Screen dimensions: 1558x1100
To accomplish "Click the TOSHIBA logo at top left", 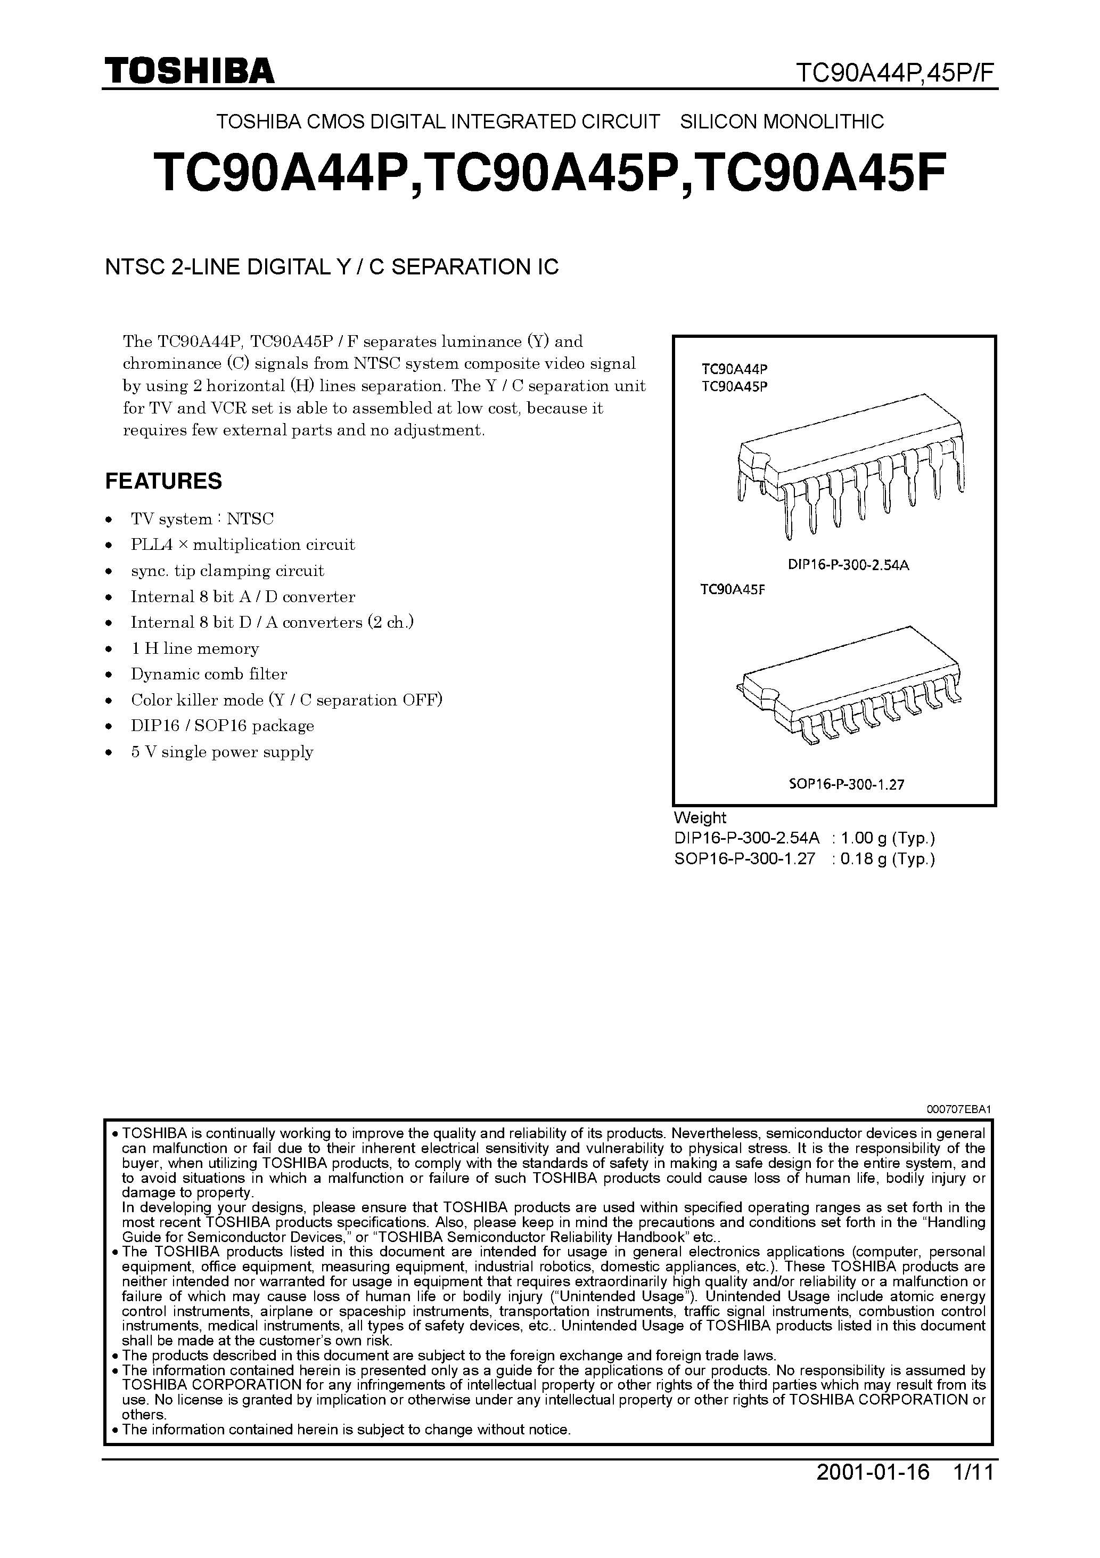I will click(x=189, y=71).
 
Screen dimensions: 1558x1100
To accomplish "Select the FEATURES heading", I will click(x=163, y=481).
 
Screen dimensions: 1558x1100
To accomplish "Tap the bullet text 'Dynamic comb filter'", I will click(x=209, y=675).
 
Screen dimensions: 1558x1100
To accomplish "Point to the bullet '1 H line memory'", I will click(x=195, y=648).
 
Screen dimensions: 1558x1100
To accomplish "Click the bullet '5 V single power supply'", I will click(x=222, y=752).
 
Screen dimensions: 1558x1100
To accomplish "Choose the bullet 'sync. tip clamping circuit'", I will click(x=227, y=571).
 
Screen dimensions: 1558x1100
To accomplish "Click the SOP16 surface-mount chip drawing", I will click(x=851, y=685).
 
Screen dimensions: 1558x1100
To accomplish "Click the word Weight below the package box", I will click(x=700, y=818).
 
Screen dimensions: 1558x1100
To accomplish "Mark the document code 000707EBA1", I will click(x=959, y=1109).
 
